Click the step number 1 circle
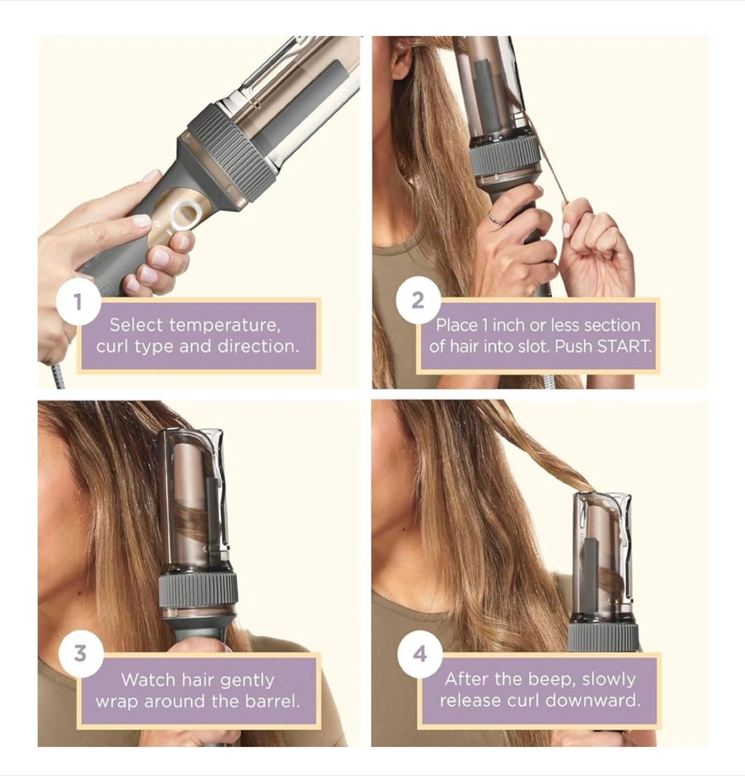pos(78,302)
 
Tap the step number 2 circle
pos(418,300)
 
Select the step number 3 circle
pos(81,653)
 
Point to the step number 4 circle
pos(420,653)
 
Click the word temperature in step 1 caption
pos(224,325)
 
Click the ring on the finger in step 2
pos(496,219)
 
